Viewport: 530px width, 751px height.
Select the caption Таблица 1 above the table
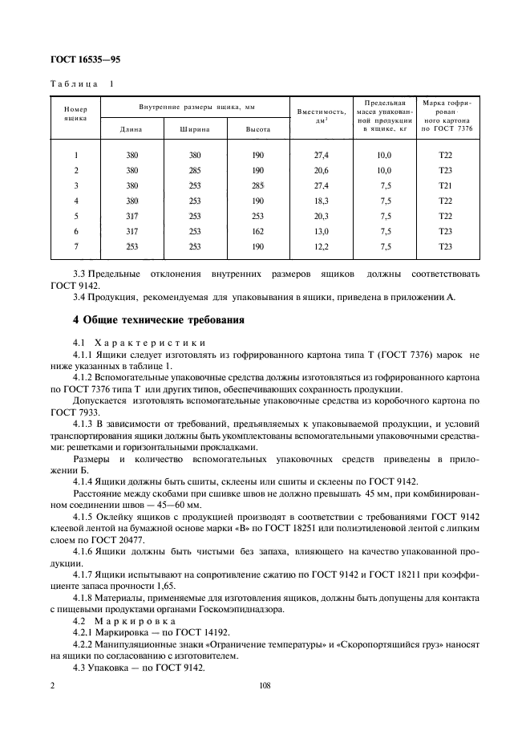[83, 83]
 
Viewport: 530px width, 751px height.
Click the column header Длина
[131, 129]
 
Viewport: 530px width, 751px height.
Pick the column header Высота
[257, 129]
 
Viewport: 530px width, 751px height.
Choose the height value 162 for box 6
[257, 231]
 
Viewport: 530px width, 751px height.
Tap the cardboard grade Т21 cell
[446, 185]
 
